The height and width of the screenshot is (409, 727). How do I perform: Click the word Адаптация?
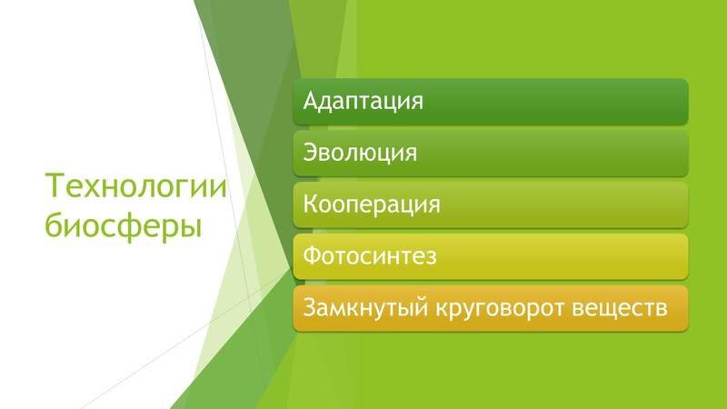pyautogui.click(x=363, y=100)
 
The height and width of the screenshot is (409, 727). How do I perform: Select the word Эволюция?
pyautogui.click(x=361, y=152)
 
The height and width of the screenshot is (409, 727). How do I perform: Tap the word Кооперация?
pyautogui.click(x=372, y=204)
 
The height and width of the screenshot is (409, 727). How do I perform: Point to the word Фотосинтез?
pyautogui.click(x=370, y=255)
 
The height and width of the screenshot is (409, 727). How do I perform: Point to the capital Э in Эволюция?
pyautogui.click(x=310, y=152)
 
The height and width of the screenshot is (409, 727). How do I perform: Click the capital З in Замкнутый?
pyautogui.click(x=310, y=307)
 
